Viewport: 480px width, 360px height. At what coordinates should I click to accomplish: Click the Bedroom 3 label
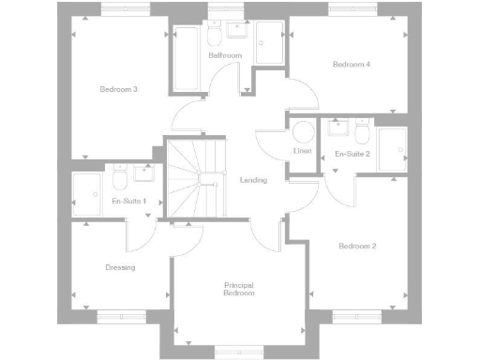[x=119, y=89]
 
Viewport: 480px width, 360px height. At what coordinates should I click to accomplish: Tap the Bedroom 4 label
[x=352, y=64]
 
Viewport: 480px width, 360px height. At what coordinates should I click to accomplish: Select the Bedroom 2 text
[x=357, y=246]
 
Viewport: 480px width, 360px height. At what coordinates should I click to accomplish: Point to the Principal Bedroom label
[x=239, y=289]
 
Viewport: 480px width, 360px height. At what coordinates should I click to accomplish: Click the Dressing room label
[x=120, y=267]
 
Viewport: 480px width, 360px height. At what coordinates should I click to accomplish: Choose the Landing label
[x=253, y=180]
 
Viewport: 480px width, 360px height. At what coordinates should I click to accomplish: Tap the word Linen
[x=301, y=152]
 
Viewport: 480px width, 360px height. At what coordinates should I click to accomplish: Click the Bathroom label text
[x=225, y=56]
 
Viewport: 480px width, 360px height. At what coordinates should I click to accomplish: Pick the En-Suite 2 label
[x=352, y=153]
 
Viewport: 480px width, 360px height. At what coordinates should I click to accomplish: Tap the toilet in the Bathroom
[x=215, y=36]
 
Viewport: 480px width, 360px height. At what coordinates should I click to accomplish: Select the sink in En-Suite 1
[x=144, y=172]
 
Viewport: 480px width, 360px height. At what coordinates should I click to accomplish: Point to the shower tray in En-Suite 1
[x=90, y=189]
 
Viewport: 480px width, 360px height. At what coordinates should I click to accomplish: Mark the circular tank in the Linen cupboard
[x=302, y=131]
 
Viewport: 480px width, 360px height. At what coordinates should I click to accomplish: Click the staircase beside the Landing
[x=196, y=178]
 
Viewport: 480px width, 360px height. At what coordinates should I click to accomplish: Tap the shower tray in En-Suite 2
[x=392, y=150]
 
